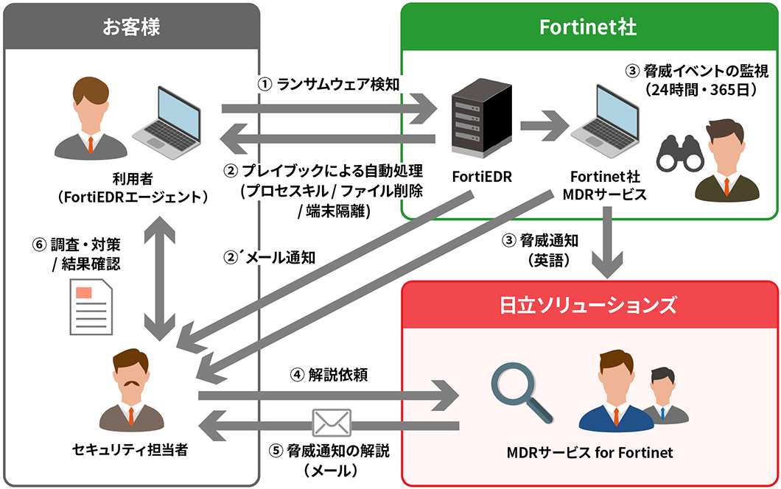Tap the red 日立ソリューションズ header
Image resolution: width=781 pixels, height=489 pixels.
coord(589,303)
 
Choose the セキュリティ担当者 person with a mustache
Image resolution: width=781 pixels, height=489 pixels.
coord(130,394)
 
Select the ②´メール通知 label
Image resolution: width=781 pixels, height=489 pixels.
coord(270,258)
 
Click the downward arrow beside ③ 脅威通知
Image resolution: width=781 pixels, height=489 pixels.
coord(609,243)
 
